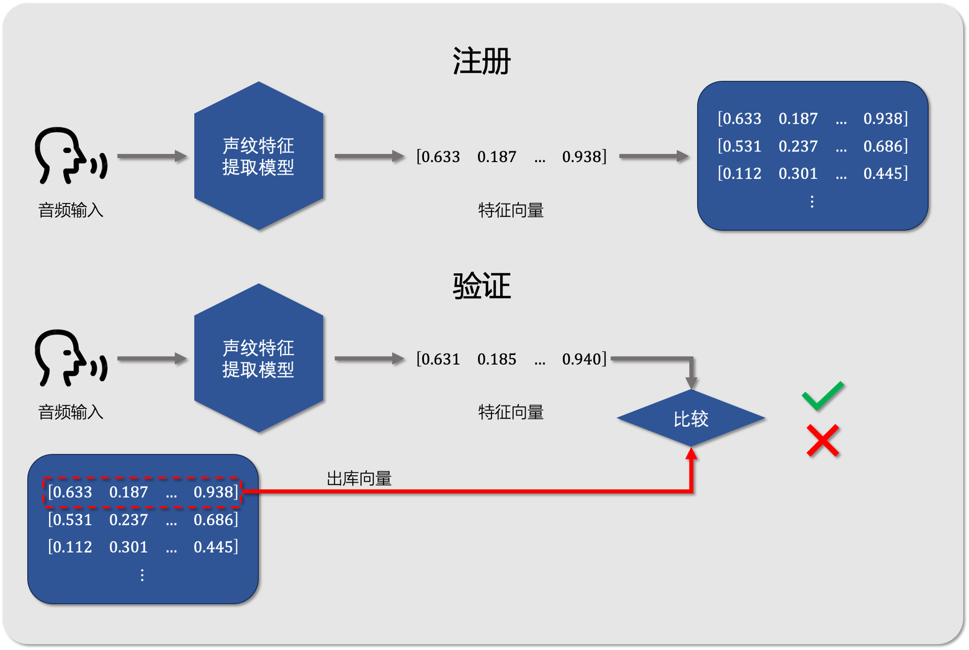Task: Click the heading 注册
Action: [481, 62]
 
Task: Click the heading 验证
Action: [481, 286]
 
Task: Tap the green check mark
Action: [823, 395]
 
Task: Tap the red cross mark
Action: [823, 440]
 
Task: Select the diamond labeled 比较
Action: [691, 419]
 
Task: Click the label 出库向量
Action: [359, 478]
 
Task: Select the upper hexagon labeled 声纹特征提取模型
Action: [258, 156]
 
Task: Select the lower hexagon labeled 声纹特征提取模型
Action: [258, 358]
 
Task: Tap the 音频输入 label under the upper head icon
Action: [71, 210]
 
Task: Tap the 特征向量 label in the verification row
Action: [511, 412]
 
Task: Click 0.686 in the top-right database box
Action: [885, 146]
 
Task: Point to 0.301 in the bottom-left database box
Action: [128, 546]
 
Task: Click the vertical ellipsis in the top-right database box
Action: [812, 202]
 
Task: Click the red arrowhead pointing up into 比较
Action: [691, 453]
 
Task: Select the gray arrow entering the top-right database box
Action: [654, 157]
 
